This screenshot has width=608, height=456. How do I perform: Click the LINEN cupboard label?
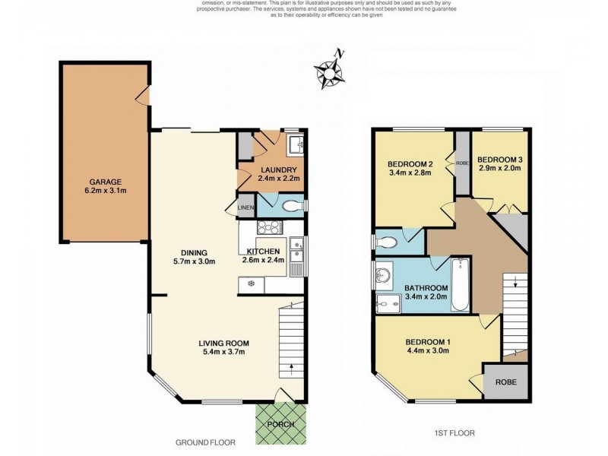tap(245, 207)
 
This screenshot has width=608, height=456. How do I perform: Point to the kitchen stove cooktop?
tap(270, 226)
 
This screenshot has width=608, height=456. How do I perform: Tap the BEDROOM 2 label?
tap(410, 163)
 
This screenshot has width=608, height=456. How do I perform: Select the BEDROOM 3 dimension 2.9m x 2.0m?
tap(499, 169)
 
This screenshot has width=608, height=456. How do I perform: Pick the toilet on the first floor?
tap(387, 242)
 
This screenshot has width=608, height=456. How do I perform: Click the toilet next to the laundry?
tap(292, 205)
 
